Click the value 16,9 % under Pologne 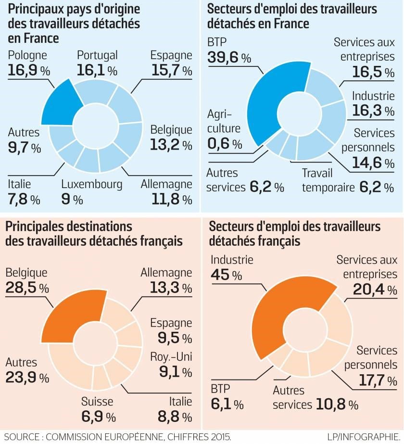pyautogui.click(x=29, y=71)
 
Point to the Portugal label pyautogui.click(x=98, y=56)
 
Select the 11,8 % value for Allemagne pyautogui.click(x=166, y=198)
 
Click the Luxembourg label pyautogui.click(x=92, y=184)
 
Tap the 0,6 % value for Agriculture pyautogui.click(x=225, y=143)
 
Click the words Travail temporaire pyautogui.click(x=327, y=180)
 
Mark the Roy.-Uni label pyautogui.click(x=171, y=356)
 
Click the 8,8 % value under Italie pyautogui.click(x=175, y=416)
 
